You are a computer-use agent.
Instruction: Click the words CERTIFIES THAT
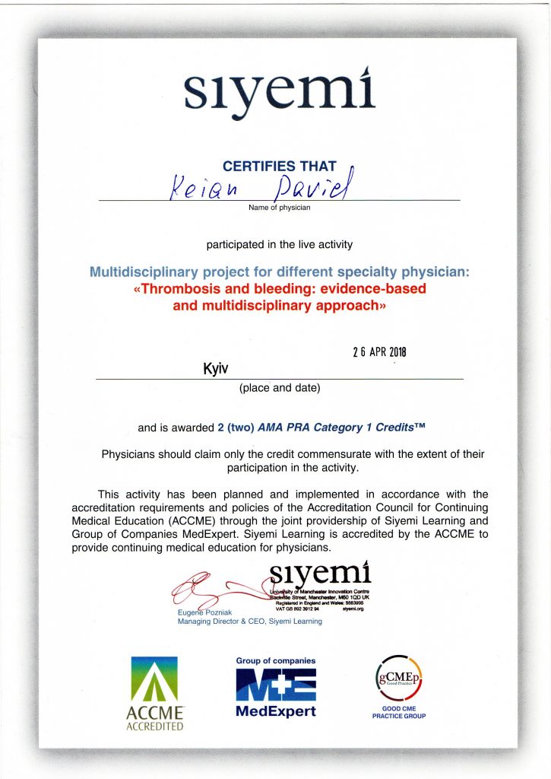[x=279, y=166]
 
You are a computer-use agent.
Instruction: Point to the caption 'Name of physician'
[x=279, y=207]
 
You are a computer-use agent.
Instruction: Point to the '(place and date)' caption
[x=280, y=389]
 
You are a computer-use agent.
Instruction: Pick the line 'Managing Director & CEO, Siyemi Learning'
[x=249, y=622]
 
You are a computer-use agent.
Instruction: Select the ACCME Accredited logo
[x=155, y=694]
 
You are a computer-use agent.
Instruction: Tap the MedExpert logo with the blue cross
[x=276, y=688]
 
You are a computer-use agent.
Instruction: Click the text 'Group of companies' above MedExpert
[x=275, y=661]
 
